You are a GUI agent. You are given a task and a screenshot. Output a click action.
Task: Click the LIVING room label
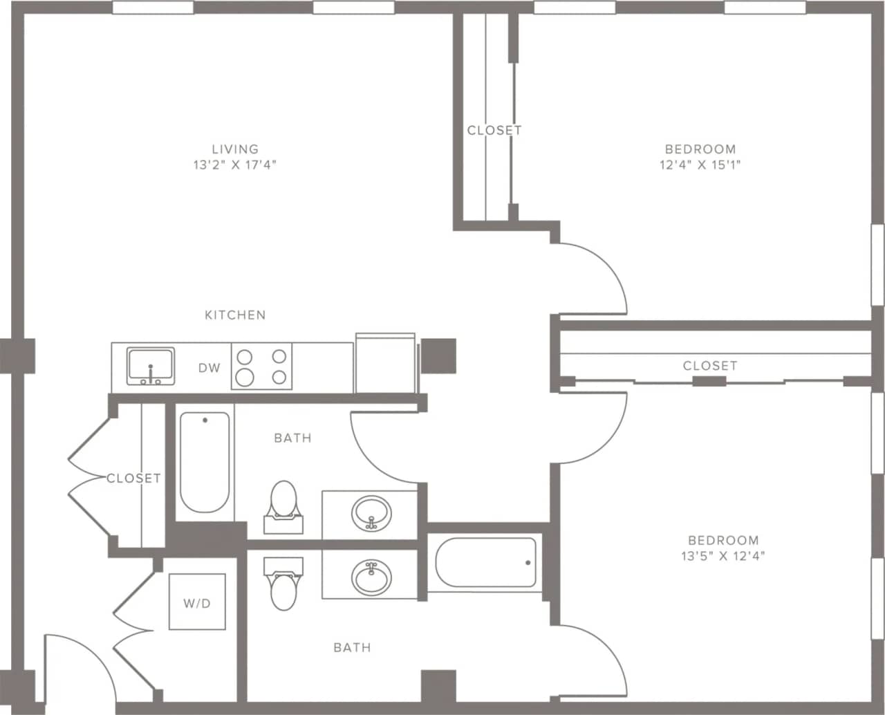pos(235,149)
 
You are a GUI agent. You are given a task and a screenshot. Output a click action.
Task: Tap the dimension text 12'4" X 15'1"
pos(700,165)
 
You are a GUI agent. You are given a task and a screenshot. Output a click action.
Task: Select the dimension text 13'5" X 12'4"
pos(723,555)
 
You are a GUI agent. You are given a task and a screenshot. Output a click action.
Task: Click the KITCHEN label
pos(235,315)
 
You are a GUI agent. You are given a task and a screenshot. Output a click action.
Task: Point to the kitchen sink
pos(150,366)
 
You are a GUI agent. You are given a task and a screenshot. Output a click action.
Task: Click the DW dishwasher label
pos(209,368)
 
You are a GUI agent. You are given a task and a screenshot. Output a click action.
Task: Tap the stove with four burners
pos(261,366)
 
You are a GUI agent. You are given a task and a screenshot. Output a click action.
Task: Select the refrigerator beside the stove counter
pos(385,364)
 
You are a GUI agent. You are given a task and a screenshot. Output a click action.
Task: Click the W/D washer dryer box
pos(197,602)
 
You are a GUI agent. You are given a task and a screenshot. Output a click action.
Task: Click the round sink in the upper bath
pos(371,513)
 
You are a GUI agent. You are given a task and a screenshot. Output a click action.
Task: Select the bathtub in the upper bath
pos(205,462)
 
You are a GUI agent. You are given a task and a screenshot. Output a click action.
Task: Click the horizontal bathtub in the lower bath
pos(486,562)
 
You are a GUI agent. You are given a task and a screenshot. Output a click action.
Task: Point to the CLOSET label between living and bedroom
pos(494,130)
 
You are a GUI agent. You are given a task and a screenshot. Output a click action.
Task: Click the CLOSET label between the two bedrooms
pos(710,365)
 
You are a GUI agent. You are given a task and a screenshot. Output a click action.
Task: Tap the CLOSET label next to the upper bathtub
pos(133,478)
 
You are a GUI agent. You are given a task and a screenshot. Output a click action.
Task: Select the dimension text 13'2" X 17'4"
pos(235,165)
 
